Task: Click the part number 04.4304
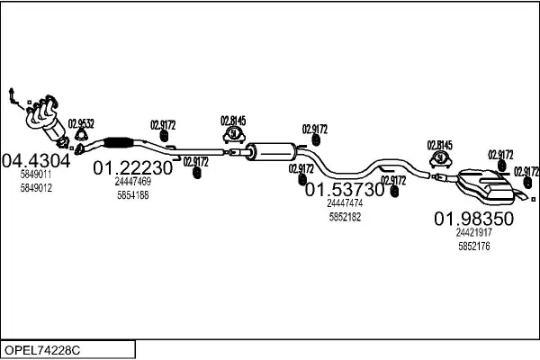pos(37,161)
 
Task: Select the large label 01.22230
pos(133,167)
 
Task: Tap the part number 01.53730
pos(345,190)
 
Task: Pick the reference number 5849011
pos(36,176)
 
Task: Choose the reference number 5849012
pos(36,188)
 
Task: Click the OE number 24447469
pos(133,182)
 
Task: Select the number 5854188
pos(133,194)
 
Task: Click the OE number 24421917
pos(473,233)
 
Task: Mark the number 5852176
pos(473,246)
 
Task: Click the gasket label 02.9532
pos(82,123)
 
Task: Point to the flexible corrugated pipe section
pos(119,141)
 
